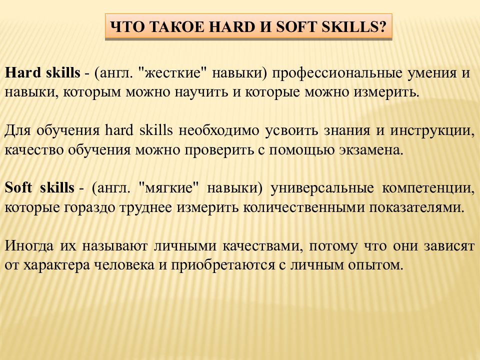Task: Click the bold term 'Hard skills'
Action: [42, 73]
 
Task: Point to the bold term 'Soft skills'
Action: [40, 188]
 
